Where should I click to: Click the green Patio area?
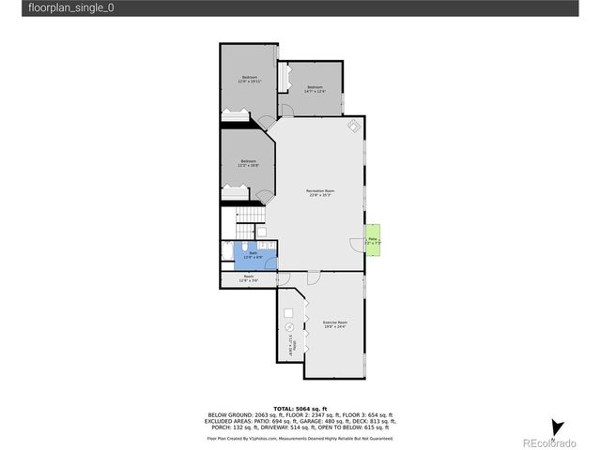[373, 239]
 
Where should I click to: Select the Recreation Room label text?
[320, 193]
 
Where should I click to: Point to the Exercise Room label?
[335, 324]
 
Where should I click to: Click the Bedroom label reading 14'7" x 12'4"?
[315, 89]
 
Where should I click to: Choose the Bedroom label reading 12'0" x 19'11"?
[250, 79]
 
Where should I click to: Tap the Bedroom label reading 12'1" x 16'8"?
[248, 163]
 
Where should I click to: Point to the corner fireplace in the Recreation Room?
[354, 127]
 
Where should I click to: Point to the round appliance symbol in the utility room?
[289, 327]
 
